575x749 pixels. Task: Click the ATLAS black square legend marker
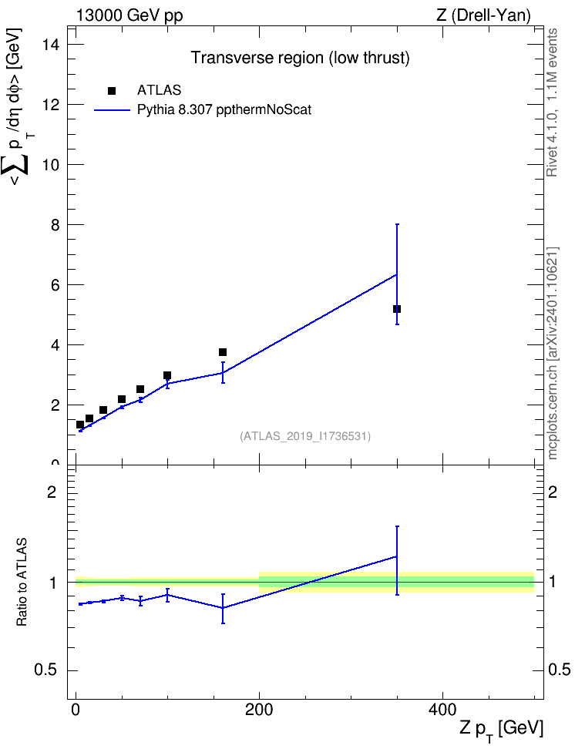(112, 91)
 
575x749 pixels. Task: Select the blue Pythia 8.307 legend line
(112, 110)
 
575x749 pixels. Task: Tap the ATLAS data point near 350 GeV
(397, 309)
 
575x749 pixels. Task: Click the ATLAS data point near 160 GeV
(223, 352)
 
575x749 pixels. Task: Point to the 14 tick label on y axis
(51, 45)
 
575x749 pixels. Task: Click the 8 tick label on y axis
(55, 225)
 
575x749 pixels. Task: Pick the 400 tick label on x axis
(442, 710)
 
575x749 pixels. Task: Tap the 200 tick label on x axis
(259, 710)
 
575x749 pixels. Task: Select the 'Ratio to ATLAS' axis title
(22, 583)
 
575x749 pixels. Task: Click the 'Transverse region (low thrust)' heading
(300, 58)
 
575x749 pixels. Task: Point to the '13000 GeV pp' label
(129, 15)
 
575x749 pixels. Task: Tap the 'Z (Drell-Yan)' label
(483, 15)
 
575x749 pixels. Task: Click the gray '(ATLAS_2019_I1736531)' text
(305, 436)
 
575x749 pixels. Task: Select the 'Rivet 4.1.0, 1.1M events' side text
(552, 102)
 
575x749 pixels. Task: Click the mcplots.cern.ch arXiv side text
(553, 353)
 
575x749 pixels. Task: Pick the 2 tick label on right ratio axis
(553, 492)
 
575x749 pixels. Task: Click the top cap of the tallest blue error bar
(397, 224)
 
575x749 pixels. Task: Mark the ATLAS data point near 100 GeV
(167, 375)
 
